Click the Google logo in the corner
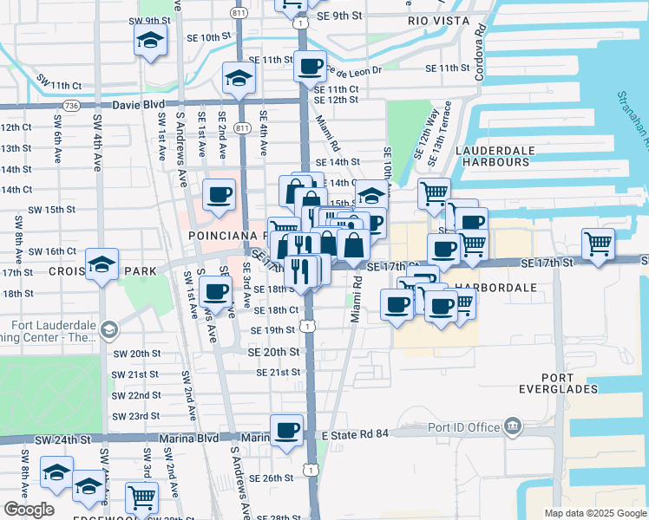pyautogui.click(x=29, y=510)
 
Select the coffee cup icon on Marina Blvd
pyautogui.click(x=287, y=430)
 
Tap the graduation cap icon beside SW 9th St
pyautogui.click(x=150, y=39)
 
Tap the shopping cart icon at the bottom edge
pyautogui.click(x=141, y=497)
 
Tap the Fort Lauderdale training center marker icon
pyautogui.click(x=110, y=329)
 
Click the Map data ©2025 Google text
pyautogui.click(x=595, y=513)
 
